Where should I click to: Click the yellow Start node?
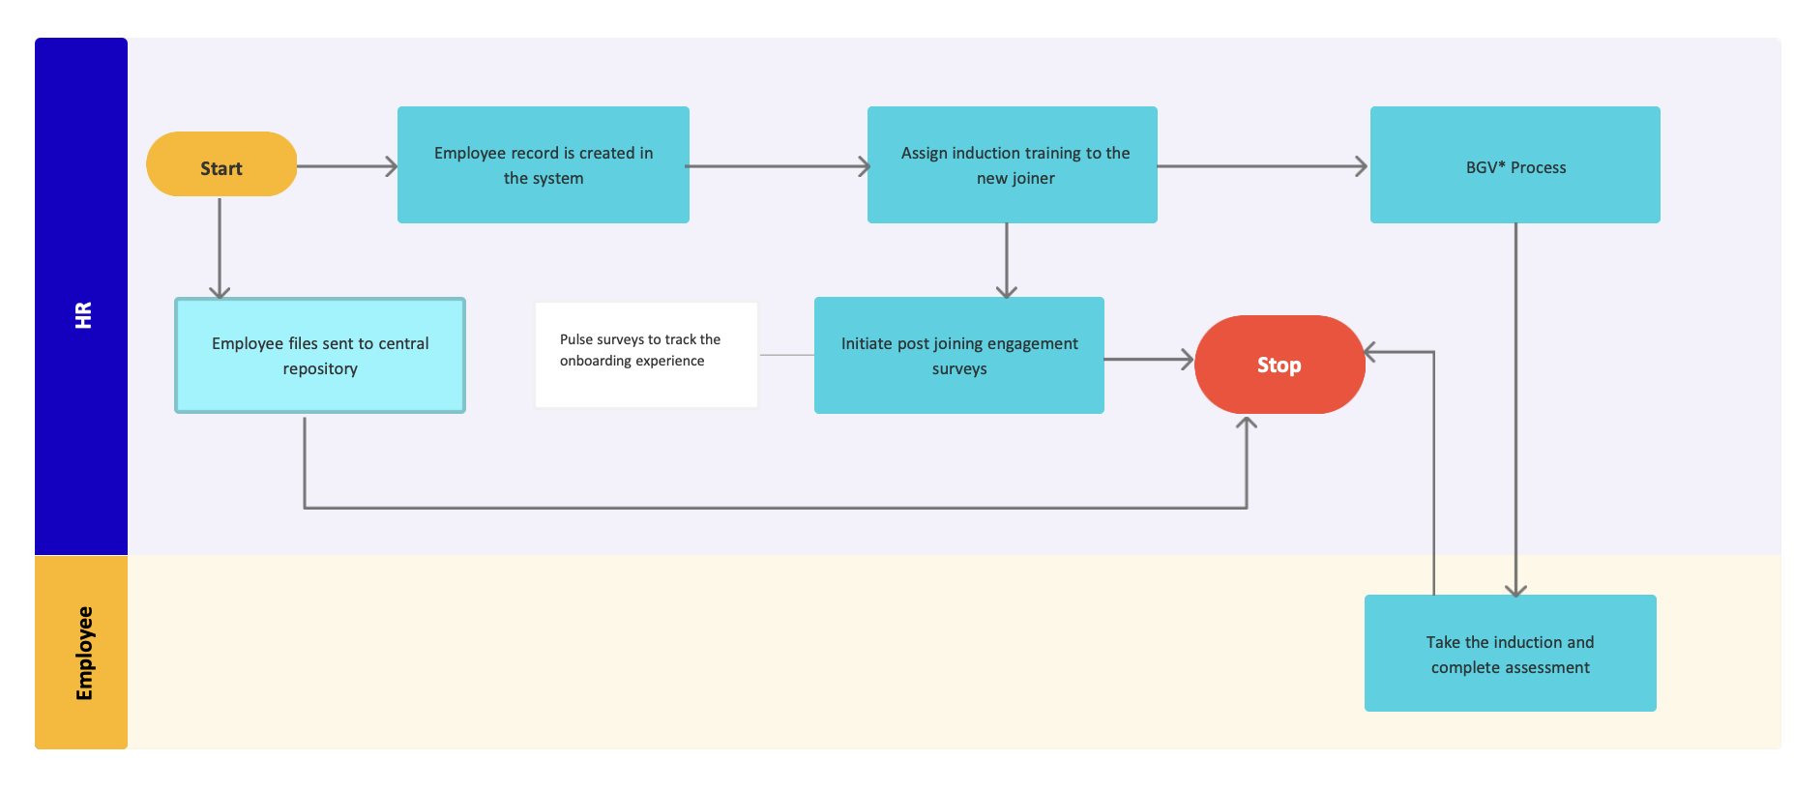coord(221,164)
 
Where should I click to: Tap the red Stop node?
coord(1279,365)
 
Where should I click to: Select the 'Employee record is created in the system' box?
coord(543,165)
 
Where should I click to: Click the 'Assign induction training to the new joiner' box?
coord(1012,165)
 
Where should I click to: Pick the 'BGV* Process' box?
coord(1515,165)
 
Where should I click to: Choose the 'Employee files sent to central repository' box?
coord(319,355)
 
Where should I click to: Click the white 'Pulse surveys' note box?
coord(645,355)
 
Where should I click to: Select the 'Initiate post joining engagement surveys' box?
coord(958,355)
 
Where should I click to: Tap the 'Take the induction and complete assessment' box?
coord(1510,654)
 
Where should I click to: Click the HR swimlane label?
coord(82,314)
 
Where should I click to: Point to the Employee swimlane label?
coord(83,653)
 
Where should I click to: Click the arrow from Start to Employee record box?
coord(346,166)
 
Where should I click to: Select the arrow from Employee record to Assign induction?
coord(778,166)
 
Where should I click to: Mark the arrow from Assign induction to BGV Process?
coord(1261,166)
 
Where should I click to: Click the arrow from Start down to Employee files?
coord(220,247)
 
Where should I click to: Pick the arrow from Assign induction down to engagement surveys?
coord(1007,259)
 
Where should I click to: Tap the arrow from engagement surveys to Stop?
coord(1148,360)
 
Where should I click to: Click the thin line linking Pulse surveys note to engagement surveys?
coord(786,355)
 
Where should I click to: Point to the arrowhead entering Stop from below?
coord(1247,424)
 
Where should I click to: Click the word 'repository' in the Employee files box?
coord(320,369)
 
